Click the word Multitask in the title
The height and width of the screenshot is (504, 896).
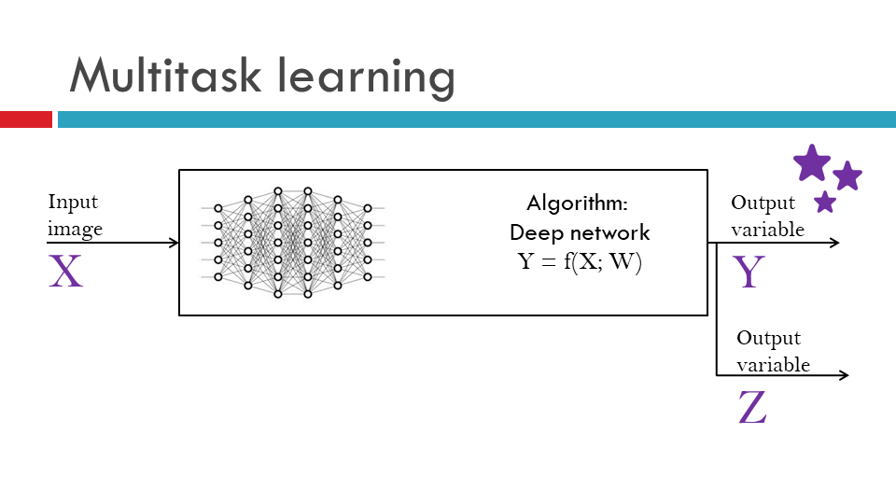pos(159,75)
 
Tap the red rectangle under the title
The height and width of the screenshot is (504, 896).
pos(25,119)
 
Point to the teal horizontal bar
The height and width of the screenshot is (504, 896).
pos(476,119)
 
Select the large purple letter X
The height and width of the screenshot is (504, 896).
pos(66,271)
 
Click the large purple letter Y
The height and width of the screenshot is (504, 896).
pos(749,272)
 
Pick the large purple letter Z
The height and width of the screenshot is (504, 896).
pos(752,408)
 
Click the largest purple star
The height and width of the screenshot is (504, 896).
pos(812,163)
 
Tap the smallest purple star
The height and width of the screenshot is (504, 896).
pos(825,202)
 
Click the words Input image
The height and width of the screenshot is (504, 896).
pos(75,216)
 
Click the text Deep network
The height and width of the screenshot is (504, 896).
pos(580,232)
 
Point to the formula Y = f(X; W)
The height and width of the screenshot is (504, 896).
pos(581,261)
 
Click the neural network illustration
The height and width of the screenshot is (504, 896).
pos(293,243)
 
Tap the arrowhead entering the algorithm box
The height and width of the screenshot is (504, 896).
pos(174,244)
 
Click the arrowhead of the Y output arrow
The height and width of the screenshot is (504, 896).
pos(834,243)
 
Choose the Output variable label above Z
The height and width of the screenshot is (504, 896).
pos(772,351)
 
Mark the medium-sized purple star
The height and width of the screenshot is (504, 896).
pos(847,175)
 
